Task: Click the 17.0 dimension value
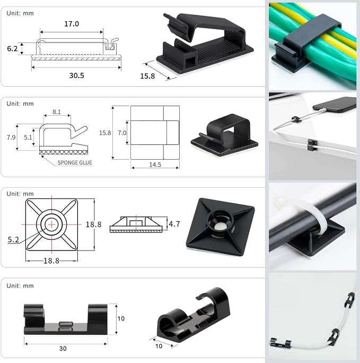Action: tap(72, 24)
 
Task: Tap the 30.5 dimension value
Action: tap(76, 75)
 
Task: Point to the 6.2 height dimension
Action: tap(12, 49)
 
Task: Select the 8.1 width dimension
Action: tap(57, 112)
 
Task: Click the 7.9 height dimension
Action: tap(11, 137)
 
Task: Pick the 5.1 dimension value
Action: tap(28, 137)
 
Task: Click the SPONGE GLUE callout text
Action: tap(75, 162)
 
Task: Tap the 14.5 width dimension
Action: tap(155, 165)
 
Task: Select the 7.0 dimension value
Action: tap(122, 133)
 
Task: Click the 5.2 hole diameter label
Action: tap(13, 239)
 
